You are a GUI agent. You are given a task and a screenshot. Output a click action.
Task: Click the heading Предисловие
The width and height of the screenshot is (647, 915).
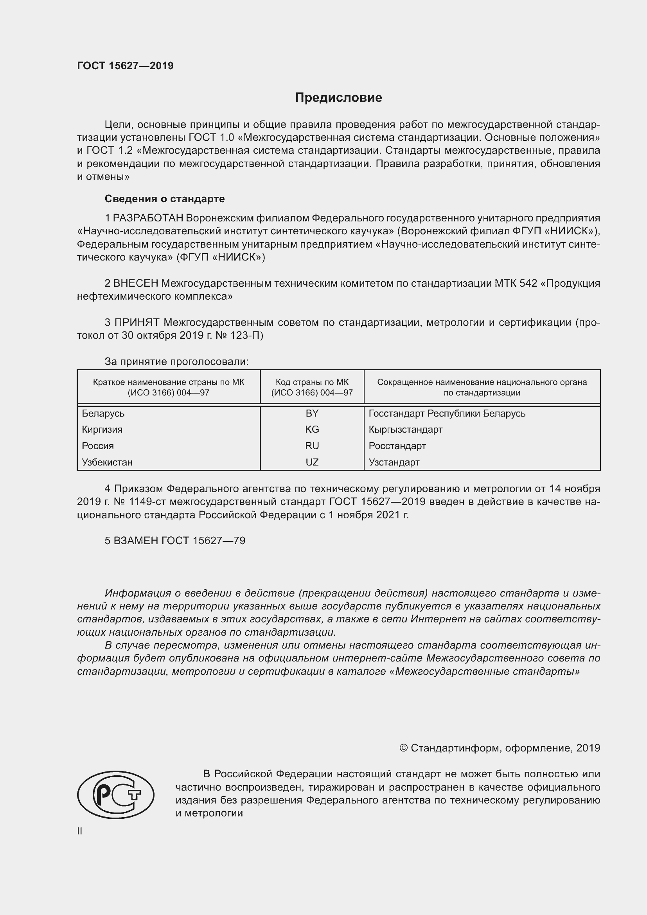pyautogui.click(x=338, y=98)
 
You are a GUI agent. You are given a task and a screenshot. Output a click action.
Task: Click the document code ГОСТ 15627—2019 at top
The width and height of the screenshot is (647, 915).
pyautogui.click(x=125, y=66)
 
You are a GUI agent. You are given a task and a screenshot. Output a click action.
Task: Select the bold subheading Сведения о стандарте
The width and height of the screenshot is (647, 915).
pyautogui.click(x=165, y=198)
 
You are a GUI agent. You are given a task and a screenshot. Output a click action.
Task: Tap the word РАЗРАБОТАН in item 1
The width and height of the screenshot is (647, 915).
pyautogui.click(x=148, y=218)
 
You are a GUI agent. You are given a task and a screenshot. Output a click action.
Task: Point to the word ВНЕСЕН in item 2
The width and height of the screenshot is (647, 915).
pyautogui.click(x=136, y=283)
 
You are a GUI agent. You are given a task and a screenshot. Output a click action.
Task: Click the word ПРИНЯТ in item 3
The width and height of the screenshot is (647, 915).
pyautogui.click(x=137, y=322)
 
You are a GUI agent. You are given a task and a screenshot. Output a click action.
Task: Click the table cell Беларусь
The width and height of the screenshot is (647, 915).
pyautogui.click(x=103, y=413)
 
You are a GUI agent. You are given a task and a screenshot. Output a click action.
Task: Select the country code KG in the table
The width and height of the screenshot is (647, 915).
pyautogui.click(x=312, y=429)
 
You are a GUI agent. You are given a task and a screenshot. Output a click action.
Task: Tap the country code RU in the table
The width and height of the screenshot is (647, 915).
pyautogui.click(x=312, y=446)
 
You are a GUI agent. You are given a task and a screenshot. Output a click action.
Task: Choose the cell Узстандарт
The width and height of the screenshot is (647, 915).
pyautogui.click(x=394, y=462)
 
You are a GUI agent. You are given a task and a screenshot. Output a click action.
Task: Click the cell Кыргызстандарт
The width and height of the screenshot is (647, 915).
pyautogui.click(x=406, y=429)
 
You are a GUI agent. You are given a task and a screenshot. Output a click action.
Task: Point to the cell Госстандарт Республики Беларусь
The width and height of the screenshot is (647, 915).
pyautogui.click(x=447, y=413)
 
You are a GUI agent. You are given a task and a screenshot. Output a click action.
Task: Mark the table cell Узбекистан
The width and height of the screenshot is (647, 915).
pyautogui.click(x=107, y=462)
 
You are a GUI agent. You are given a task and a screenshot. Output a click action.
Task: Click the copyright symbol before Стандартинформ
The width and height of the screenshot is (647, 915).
pyautogui.click(x=403, y=748)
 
